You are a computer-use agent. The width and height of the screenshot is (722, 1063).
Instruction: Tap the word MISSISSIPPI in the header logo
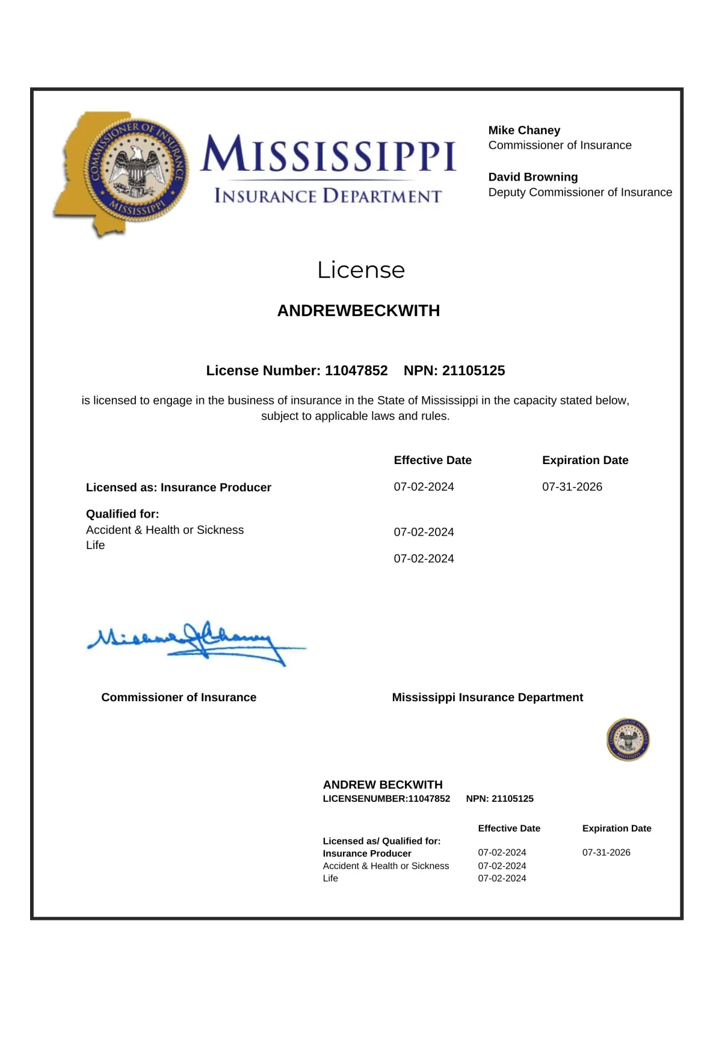pyautogui.click(x=329, y=154)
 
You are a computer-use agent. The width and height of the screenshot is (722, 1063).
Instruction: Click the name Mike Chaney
pyautogui.click(x=524, y=130)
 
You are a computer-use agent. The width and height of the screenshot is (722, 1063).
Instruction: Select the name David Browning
pyautogui.click(x=532, y=177)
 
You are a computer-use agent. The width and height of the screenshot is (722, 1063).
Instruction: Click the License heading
pyautogui.click(x=360, y=270)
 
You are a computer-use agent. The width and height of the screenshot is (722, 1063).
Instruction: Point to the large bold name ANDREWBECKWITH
pyautogui.click(x=358, y=311)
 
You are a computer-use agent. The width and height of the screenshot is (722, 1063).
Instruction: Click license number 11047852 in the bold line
pyautogui.click(x=356, y=370)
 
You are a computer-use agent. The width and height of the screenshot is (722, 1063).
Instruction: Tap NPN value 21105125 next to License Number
pyautogui.click(x=473, y=370)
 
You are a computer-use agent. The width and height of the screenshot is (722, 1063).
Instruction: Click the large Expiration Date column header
pyautogui.click(x=585, y=460)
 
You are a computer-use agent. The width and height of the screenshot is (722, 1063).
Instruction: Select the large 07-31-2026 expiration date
pyautogui.click(x=572, y=486)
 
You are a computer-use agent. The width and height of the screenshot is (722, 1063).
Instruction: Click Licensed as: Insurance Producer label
pyautogui.click(x=178, y=487)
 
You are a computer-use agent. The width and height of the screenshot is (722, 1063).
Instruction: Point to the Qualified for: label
pyautogui.click(x=122, y=513)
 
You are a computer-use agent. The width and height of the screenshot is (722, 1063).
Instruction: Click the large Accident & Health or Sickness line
pyautogui.click(x=164, y=530)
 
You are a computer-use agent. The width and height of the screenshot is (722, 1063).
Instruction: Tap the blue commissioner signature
pyautogui.click(x=193, y=641)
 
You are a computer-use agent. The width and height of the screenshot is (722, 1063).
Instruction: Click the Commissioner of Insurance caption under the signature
pyautogui.click(x=178, y=697)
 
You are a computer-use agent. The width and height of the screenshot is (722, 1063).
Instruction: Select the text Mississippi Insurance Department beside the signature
pyautogui.click(x=487, y=697)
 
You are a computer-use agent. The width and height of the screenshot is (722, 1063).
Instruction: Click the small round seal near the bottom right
pyautogui.click(x=628, y=739)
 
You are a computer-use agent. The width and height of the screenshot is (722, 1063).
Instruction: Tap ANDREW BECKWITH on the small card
pyautogui.click(x=382, y=784)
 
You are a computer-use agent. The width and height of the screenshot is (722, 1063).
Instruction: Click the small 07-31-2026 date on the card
pyautogui.click(x=606, y=852)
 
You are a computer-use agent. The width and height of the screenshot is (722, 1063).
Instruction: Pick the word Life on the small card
pyautogui.click(x=330, y=878)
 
